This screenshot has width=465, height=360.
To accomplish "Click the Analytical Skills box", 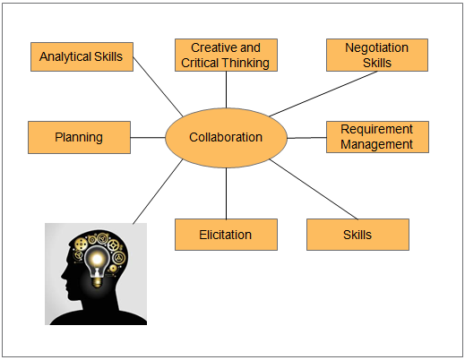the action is [82, 56].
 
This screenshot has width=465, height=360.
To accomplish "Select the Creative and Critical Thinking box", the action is [226, 55].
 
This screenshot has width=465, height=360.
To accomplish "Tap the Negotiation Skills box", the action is [377, 55].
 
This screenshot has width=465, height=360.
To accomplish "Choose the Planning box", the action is [79, 137].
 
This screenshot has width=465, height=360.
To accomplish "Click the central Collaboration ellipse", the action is [226, 138].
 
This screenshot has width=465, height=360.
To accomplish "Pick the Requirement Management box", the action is [377, 137].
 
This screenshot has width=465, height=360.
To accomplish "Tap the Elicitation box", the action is [226, 235].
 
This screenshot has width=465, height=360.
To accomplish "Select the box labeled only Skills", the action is [357, 235].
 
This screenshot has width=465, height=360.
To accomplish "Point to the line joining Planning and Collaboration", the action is [148, 138].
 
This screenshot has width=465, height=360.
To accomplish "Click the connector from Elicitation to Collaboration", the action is [226, 193].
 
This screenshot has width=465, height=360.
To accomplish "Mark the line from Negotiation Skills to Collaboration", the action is [323, 94].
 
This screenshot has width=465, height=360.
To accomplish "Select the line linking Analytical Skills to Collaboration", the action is [158, 87].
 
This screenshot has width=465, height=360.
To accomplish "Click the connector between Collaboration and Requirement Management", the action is [306, 138].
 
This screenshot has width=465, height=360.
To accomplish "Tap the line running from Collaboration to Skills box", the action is [314, 189].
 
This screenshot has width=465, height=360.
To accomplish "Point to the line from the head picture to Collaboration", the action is [158, 191].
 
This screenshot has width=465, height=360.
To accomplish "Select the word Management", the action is [376, 144].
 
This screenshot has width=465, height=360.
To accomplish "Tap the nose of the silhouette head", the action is [63, 276].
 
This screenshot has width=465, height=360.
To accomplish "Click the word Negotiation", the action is [377, 47].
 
